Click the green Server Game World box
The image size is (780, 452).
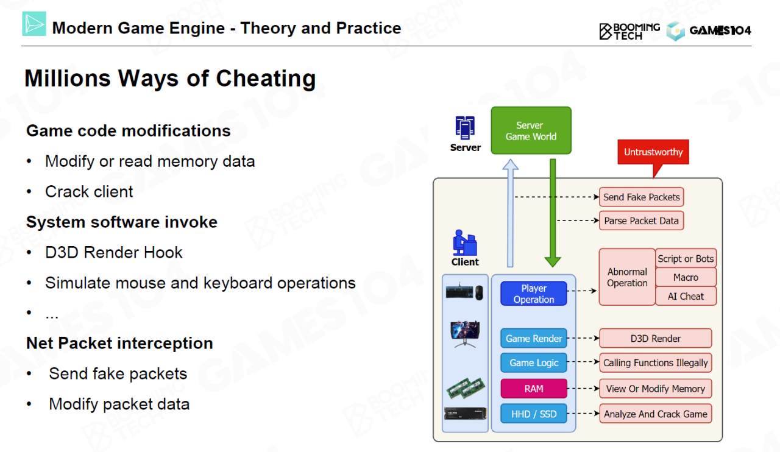coord(531,130)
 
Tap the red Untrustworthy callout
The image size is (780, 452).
coord(653,152)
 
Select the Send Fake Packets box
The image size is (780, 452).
coord(641,197)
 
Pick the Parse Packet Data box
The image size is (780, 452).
coord(641,221)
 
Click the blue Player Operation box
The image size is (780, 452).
coord(534,294)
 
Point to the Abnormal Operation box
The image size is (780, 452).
coord(627,277)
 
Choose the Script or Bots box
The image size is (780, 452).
coord(686,258)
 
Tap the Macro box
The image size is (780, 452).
coord(686,277)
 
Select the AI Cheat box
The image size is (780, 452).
coord(686,296)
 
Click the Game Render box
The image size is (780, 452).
coord(534,339)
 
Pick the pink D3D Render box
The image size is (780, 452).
coord(655,339)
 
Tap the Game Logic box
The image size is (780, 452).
coord(534,362)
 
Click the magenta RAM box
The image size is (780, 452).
coord(534,389)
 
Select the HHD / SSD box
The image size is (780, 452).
coord(534,414)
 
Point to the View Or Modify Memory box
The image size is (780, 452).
coord(655,389)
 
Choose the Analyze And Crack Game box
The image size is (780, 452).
coord(655,414)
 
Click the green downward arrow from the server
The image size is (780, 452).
coord(553,213)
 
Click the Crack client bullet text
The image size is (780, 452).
coord(89,191)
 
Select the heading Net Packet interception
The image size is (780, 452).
coord(119,343)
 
